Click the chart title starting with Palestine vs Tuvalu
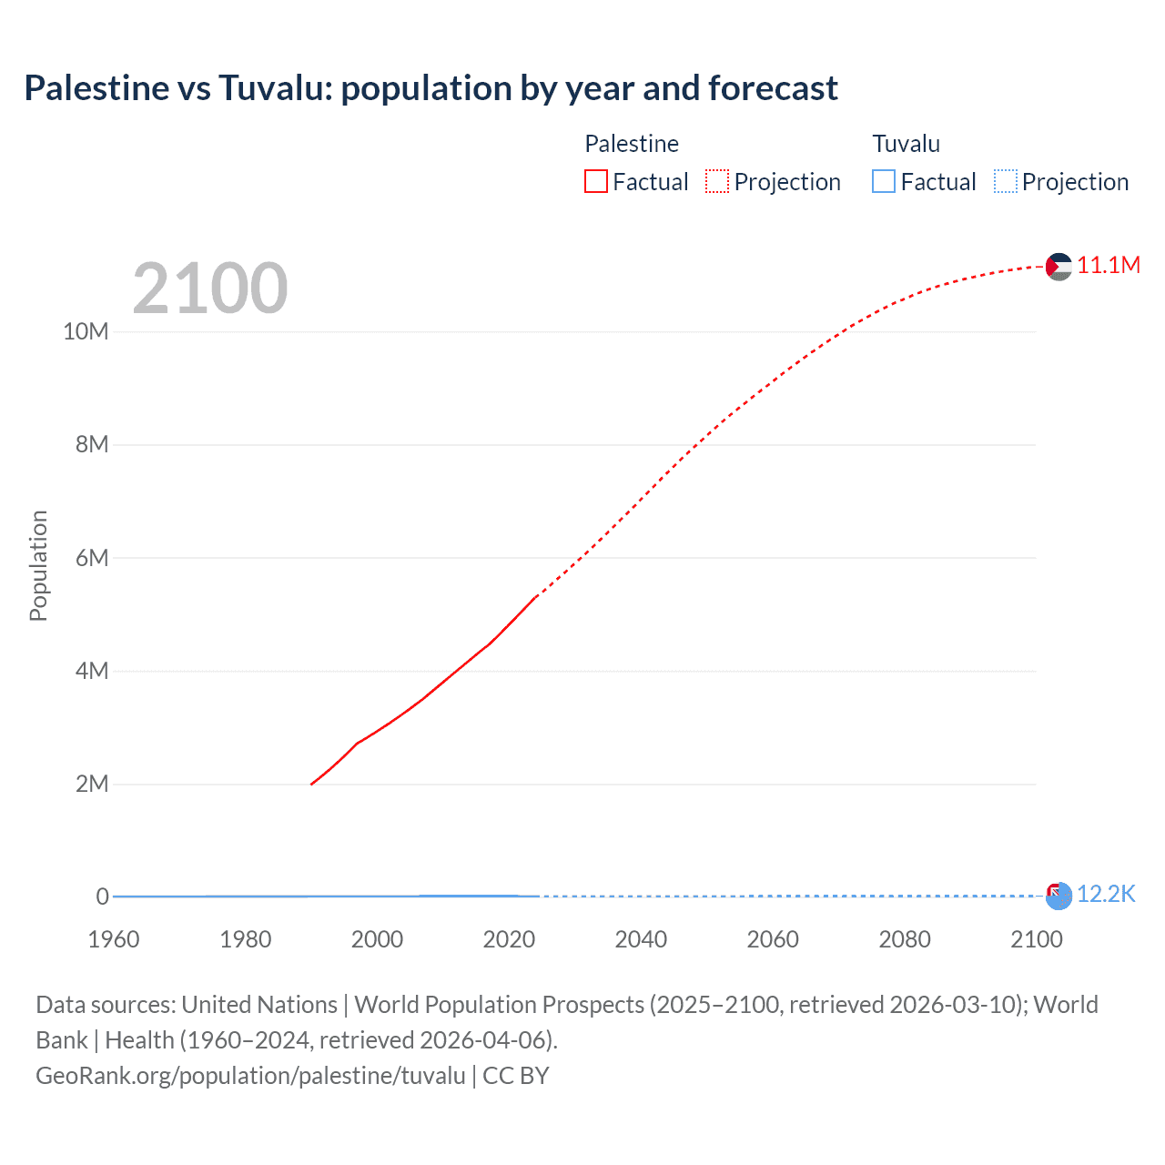(431, 88)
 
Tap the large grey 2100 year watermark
(210, 289)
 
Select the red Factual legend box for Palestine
(596, 182)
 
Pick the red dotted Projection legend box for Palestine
(717, 182)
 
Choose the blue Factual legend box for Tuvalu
(884, 182)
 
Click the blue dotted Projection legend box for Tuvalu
(1006, 182)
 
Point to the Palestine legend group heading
(632, 144)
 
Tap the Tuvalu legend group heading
(906, 144)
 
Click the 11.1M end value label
(1108, 265)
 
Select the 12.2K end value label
(1106, 894)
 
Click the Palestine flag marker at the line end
(1059, 267)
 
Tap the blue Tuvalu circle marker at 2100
(1059, 897)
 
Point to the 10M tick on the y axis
(86, 331)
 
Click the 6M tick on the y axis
(92, 558)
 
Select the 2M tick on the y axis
(92, 784)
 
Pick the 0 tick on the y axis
(102, 897)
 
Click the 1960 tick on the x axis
(114, 939)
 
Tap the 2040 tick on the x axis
(641, 939)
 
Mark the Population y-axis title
(38, 565)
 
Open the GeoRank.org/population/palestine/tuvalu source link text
(250, 1076)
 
